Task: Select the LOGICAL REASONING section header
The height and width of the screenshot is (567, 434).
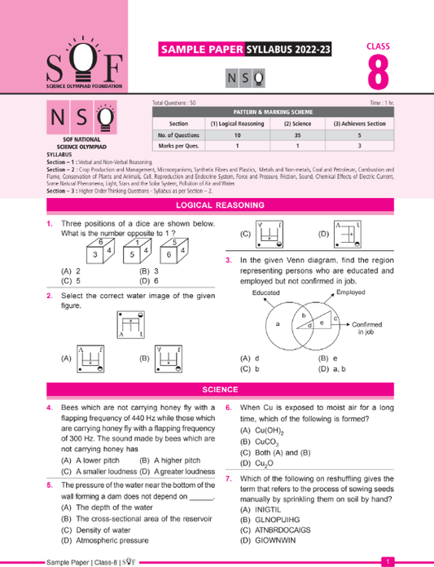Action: [217, 206]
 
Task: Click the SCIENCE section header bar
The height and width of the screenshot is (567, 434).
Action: [217, 389]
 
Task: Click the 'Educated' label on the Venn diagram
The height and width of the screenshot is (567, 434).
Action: [265, 292]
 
